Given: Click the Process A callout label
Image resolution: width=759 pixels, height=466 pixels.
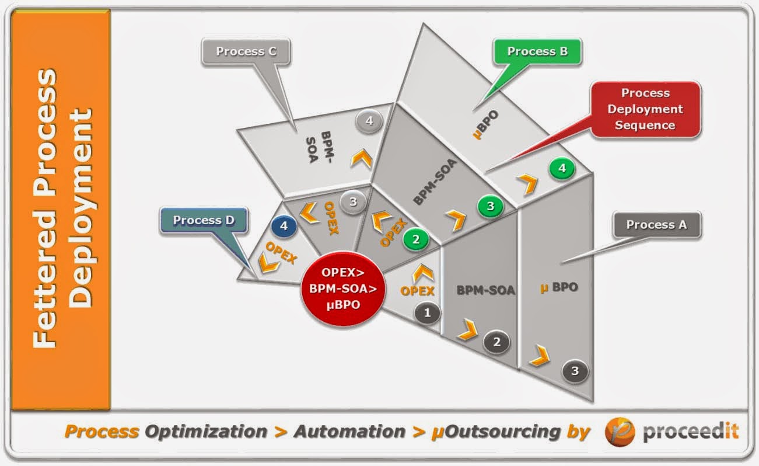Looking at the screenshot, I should pos(656,225).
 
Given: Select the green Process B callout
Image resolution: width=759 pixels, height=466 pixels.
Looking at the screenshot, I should pos(537,51).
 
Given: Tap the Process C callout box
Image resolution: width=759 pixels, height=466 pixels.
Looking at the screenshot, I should pos(246,51).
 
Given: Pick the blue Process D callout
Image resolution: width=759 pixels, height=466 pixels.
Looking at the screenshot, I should pos(204,221).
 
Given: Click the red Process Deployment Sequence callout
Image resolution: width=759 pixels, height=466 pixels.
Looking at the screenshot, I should pos(645,109).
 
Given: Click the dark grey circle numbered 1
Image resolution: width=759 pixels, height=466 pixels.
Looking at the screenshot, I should pos(428,313).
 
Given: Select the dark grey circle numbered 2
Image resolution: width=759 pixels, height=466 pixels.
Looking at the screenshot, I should pos(497,342).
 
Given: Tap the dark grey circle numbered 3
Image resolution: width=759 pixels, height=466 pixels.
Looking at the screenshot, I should pos(575,371).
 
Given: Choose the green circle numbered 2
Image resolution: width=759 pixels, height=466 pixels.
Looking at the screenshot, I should pos(416,239).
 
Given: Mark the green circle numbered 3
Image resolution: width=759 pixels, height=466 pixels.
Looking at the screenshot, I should pos(490,206).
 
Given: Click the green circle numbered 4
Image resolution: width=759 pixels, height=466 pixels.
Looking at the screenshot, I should pos(562,169).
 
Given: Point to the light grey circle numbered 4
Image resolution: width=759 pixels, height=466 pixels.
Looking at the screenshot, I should pos(369,121).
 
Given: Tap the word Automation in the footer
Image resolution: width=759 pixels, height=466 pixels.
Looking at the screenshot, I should pos(349,432).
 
